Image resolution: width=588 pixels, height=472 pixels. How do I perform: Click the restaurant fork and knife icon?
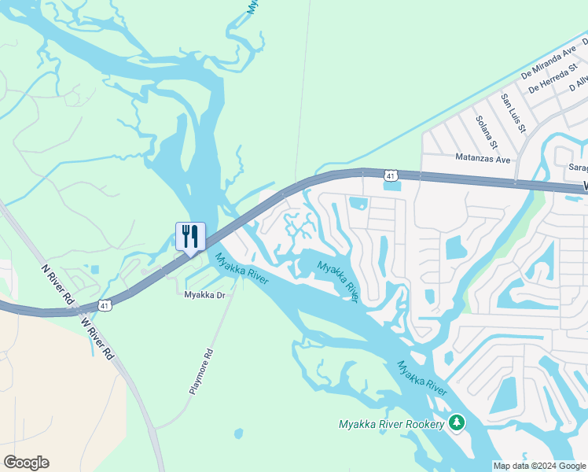(x=189, y=236)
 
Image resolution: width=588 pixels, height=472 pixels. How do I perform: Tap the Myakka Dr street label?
(x=204, y=295)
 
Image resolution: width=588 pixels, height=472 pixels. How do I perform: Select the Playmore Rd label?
(x=200, y=371)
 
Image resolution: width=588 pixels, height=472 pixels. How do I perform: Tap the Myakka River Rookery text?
(x=391, y=424)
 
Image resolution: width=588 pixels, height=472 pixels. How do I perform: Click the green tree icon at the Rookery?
(x=457, y=423)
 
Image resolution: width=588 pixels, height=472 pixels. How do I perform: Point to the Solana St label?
(x=487, y=131)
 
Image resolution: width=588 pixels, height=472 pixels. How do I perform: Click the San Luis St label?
(x=513, y=112)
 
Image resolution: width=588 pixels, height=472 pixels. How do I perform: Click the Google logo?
(x=26, y=463)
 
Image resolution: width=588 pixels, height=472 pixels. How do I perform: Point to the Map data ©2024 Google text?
(x=538, y=466)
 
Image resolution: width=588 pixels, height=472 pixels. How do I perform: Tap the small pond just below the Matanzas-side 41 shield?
(x=391, y=186)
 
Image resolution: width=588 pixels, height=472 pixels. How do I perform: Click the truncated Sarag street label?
(x=578, y=168)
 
